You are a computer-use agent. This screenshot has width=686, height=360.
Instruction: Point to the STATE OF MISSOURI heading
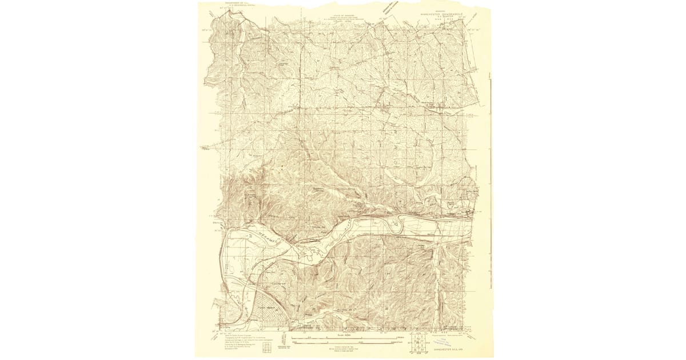344,16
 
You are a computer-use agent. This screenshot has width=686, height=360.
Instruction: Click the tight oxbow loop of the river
397,226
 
